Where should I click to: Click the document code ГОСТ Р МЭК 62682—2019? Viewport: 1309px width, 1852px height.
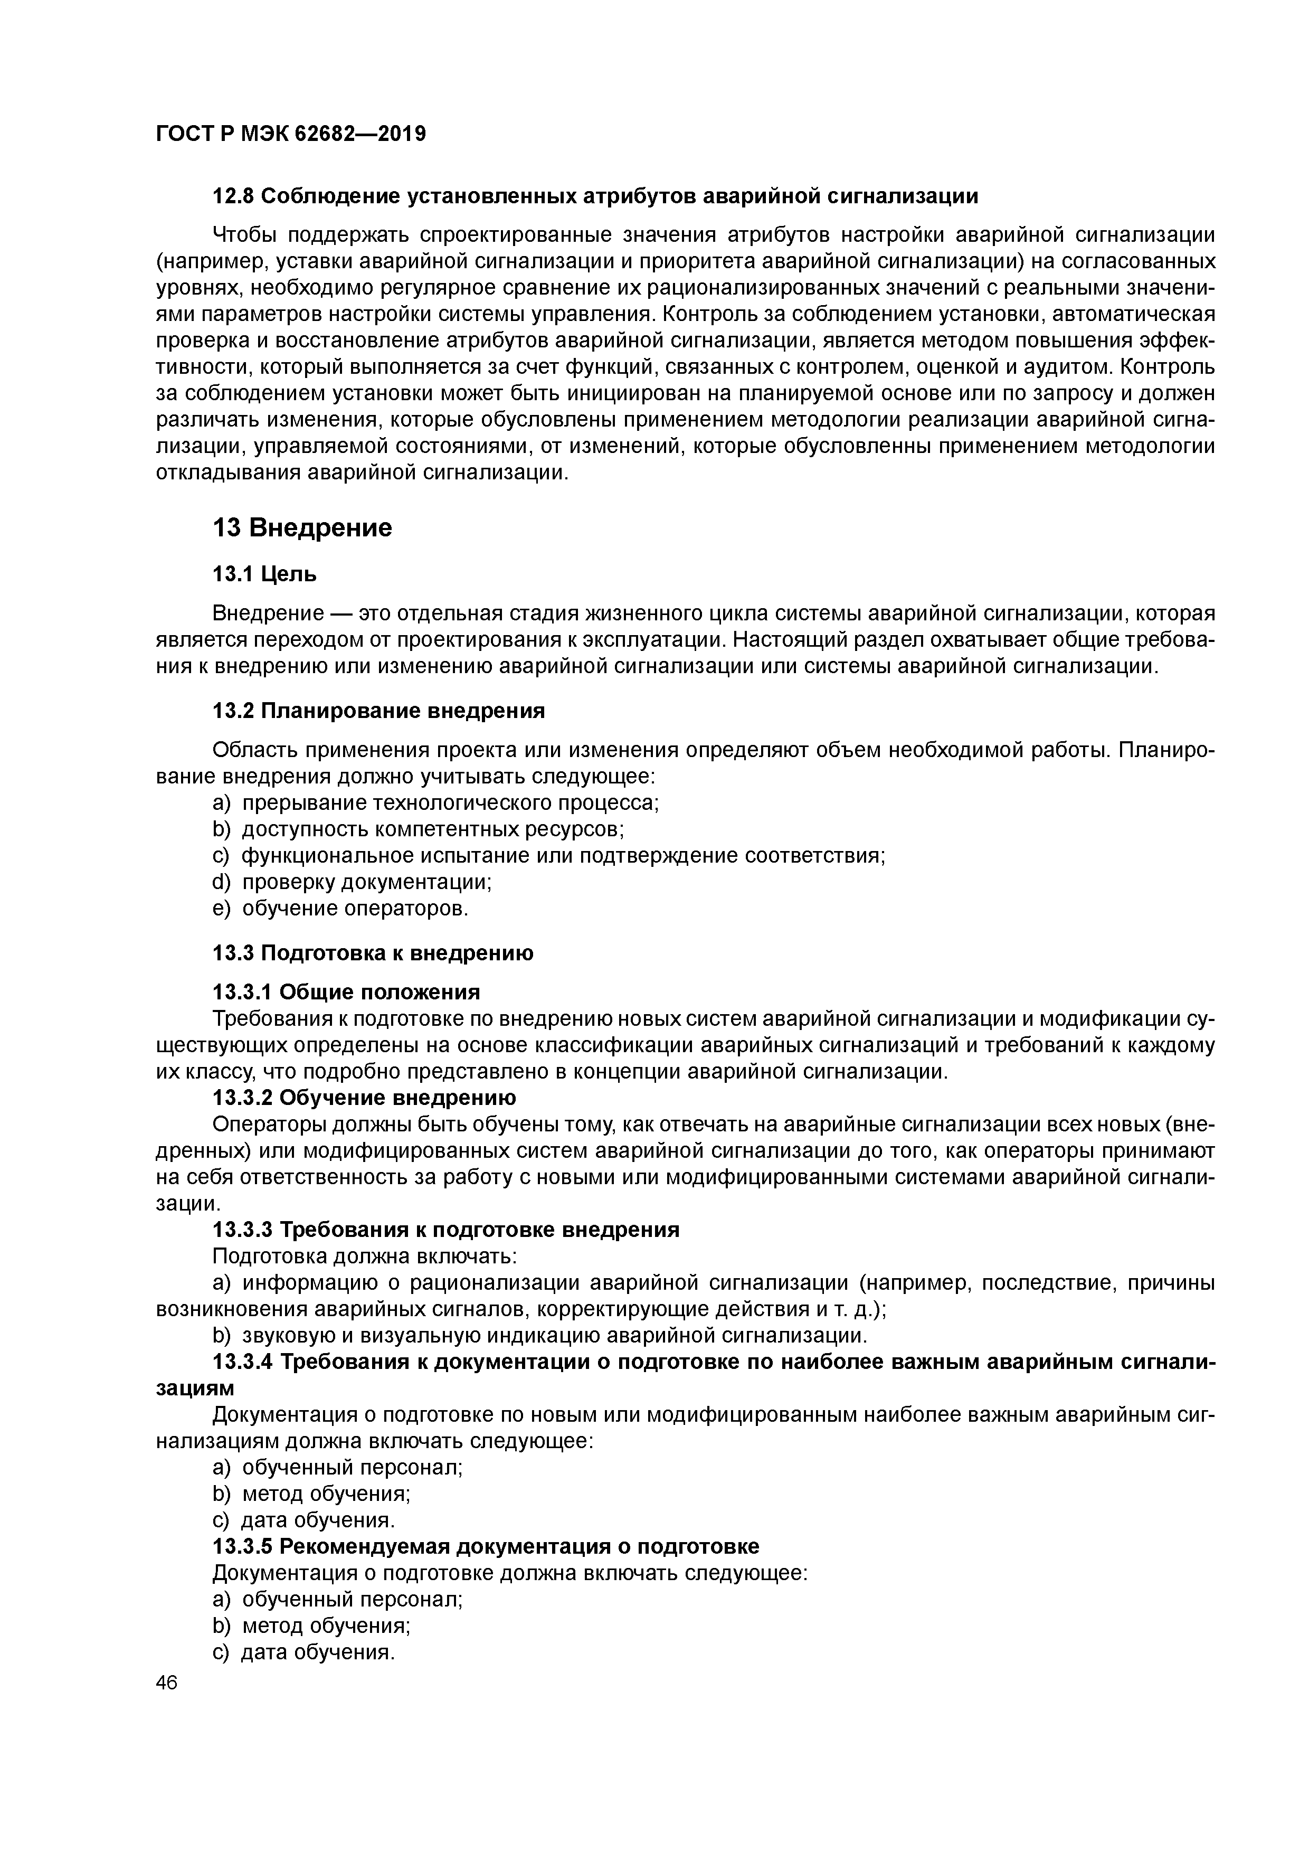(x=290, y=134)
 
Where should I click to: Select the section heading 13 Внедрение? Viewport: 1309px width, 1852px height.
(x=302, y=528)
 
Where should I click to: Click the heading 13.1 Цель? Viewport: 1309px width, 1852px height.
(x=264, y=574)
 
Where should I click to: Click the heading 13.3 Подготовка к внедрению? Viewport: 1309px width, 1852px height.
(x=373, y=953)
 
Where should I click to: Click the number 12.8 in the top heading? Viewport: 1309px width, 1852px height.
(x=232, y=196)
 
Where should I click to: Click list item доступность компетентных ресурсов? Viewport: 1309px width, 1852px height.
(x=433, y=829)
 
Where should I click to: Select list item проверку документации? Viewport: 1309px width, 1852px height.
(x=367, y=882)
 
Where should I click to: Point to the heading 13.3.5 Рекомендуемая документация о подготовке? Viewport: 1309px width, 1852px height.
(x=486, y=1547)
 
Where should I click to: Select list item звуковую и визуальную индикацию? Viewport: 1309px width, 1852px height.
(x=553, y=1336)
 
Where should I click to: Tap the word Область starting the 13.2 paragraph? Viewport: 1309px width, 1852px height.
(x=252, y=750)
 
